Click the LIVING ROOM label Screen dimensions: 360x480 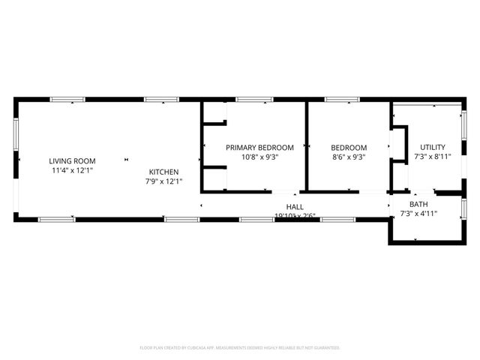pos(73,160)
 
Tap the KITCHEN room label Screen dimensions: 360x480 pos(163,172)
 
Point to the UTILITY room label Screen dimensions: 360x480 pos(433,147)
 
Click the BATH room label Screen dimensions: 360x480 pos(418,204)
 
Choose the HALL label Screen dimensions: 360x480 pos(295,207)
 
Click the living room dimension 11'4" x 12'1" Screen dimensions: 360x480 pos(73,170)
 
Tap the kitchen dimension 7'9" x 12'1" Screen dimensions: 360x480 pos(163,181)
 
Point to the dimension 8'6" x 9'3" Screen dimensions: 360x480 pos(349,157)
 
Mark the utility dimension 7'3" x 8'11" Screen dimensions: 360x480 pos(433,157)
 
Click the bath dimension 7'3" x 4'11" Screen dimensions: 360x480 pos(418,214)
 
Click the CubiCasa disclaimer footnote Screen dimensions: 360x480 pos(240,348)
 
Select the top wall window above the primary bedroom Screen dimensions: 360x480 pos(254,99)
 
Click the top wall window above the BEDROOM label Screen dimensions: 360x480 pos(341,99)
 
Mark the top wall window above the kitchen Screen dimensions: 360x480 pos(160,99)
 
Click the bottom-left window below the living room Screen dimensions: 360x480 pos(56,219)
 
